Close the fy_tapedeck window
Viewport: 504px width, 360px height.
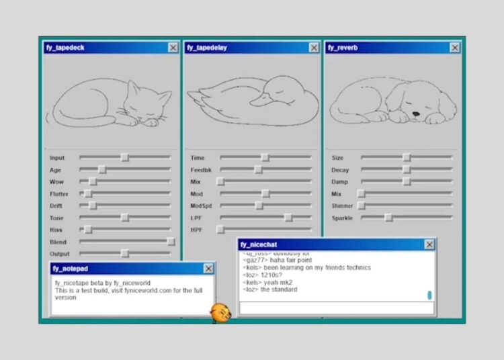tap(173, 48)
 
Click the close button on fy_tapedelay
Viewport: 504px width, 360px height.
tap(314, 48)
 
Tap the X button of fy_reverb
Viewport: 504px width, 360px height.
tap(455, 48)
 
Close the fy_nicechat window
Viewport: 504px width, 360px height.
tap(429, 244)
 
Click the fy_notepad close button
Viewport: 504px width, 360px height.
tap(208, 269)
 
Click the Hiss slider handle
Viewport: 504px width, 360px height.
tap(87, 230)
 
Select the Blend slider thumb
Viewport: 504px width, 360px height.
tap(171, 242)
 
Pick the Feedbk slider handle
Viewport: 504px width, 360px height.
tap(259, 170)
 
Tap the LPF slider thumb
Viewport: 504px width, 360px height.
tap(288, 218)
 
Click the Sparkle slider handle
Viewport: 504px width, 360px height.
tap(388, 218)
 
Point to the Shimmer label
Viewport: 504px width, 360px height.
tap(343, 206)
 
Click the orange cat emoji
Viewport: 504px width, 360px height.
tap(220, 312)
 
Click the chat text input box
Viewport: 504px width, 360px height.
tap(336, 308)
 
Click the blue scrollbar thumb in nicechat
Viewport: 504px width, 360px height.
tap(429, 294)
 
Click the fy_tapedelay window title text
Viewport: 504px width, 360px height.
tap(206, 48)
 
